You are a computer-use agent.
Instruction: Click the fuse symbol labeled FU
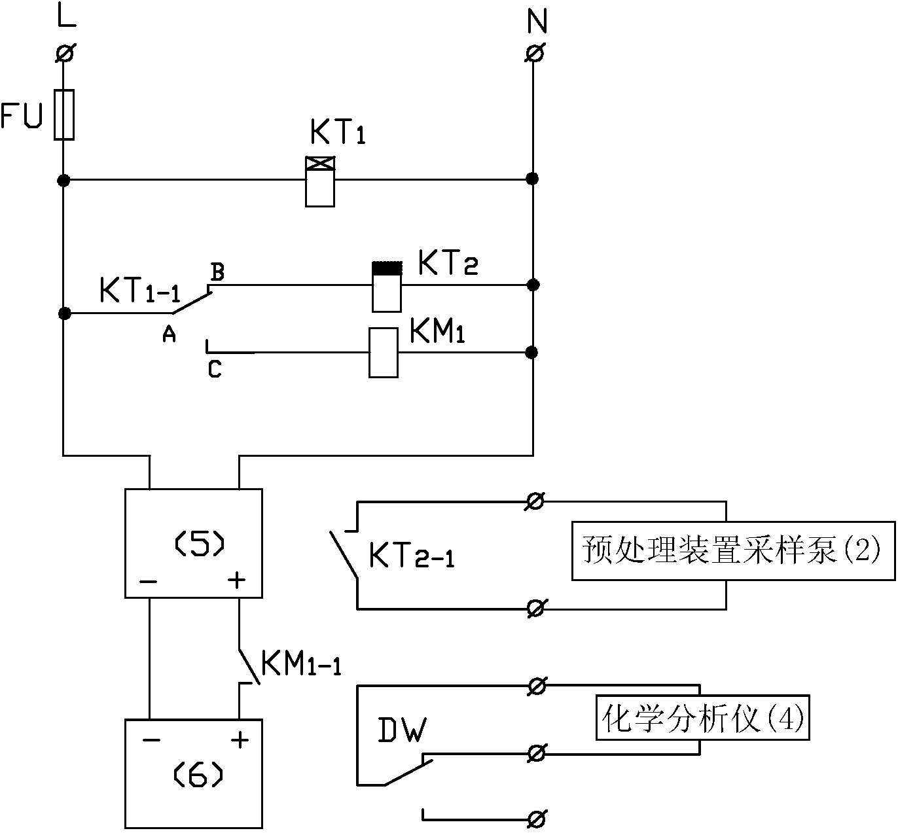click(x=63, y=115)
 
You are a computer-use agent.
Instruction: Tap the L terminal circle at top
click(x=64, y=53)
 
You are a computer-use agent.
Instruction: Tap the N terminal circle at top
click(x=533, y=53)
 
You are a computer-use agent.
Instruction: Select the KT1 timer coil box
click(x=320, y=182)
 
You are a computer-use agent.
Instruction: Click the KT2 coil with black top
click(x=386, y=287)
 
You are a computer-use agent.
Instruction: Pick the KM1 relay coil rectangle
click(x=383, y=353)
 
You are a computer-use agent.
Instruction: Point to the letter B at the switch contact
click(x=217, y=272)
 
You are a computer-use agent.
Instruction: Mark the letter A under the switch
click(x=169, y=335)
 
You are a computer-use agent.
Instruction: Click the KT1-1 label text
click(x=139, y=291)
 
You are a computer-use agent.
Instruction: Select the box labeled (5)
click(x=194, y=543)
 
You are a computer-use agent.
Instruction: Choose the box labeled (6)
click(x=194, y=774)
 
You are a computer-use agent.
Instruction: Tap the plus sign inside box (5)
click(x=236, y=580)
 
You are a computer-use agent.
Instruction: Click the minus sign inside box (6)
click(x=151, y=740)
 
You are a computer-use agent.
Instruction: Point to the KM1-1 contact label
click(x=300, y=663)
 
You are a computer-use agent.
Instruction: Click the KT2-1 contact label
click(x=411, y=556)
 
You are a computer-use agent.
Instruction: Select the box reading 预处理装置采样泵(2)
click(x=733, y=550)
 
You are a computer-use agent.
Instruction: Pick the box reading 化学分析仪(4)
click(x=702, y=718)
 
